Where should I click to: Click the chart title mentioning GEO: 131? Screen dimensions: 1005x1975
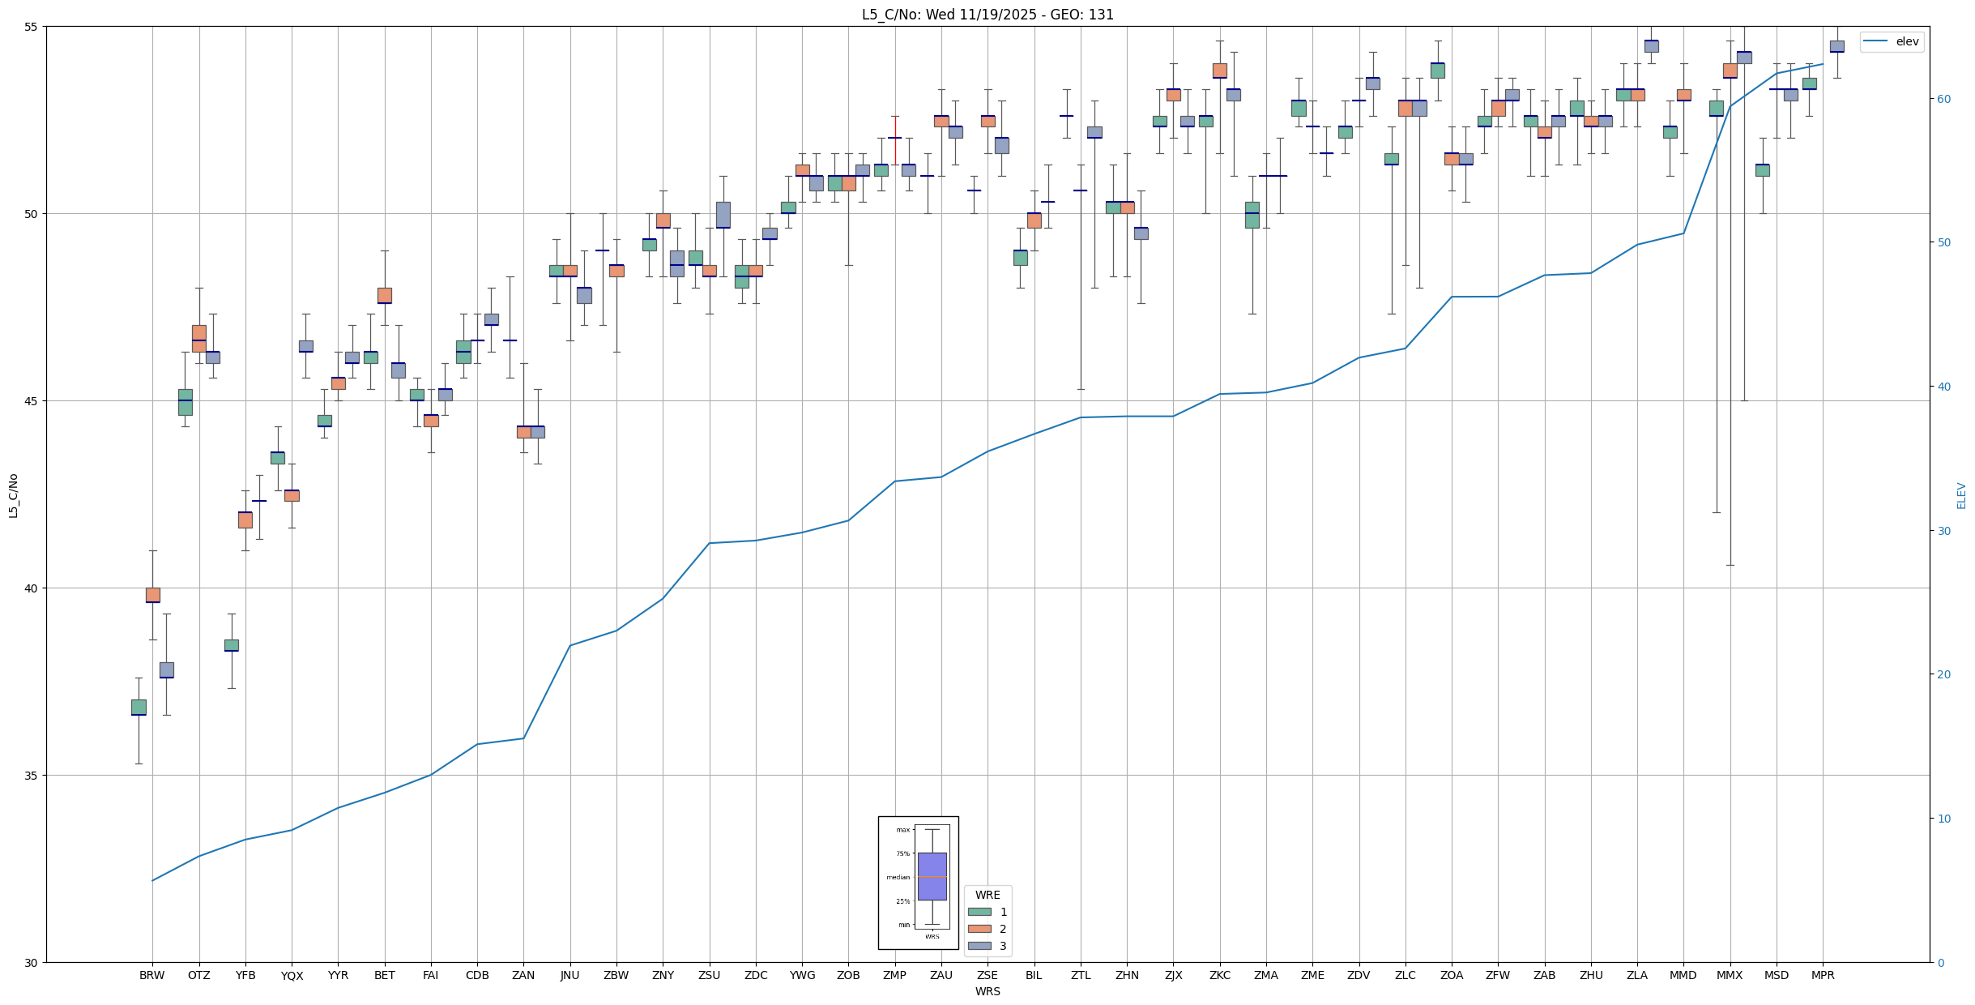[987, 15]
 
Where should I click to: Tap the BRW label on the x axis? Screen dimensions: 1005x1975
[151, 975]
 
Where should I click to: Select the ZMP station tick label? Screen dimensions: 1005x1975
[894, 975]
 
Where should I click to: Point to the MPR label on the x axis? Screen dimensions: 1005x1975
[1823, 975]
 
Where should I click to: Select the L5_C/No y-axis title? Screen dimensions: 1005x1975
[13, 495]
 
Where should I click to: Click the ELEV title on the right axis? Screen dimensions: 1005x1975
[1961, 495]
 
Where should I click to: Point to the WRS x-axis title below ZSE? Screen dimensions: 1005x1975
[987, 991]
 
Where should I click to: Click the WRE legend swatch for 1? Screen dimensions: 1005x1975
[979, 912]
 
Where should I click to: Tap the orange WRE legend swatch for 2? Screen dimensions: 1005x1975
[979, 929]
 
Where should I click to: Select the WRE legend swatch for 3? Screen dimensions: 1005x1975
[979, 946]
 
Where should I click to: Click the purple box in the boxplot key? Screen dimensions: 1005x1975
[932, 876]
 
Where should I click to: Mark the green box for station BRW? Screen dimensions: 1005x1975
[139, 707]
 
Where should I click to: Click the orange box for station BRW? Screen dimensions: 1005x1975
[152, 595]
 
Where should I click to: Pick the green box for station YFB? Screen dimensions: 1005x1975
[231, 645]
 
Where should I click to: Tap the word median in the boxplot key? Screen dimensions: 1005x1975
[898, 877]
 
